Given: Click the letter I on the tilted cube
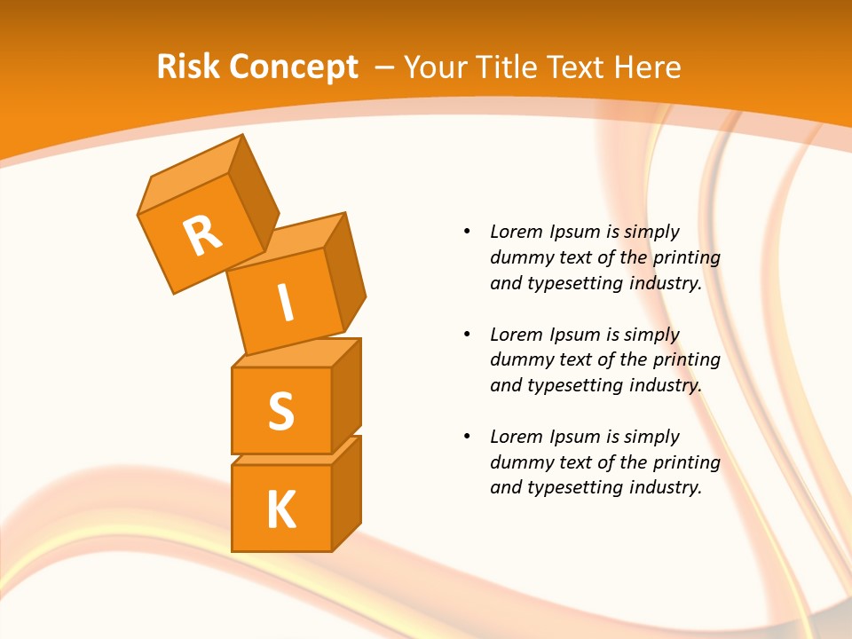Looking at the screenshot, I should tap(285, 303).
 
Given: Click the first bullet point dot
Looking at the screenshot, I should tap(467, 233).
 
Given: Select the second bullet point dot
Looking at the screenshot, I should tap(467, 335).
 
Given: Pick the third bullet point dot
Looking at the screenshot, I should tap(467, 437).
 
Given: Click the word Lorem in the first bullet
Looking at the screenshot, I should tap(516, 233).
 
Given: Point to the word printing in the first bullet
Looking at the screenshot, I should tap(687, 258).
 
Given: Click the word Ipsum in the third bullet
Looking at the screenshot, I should tap(575, 437).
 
